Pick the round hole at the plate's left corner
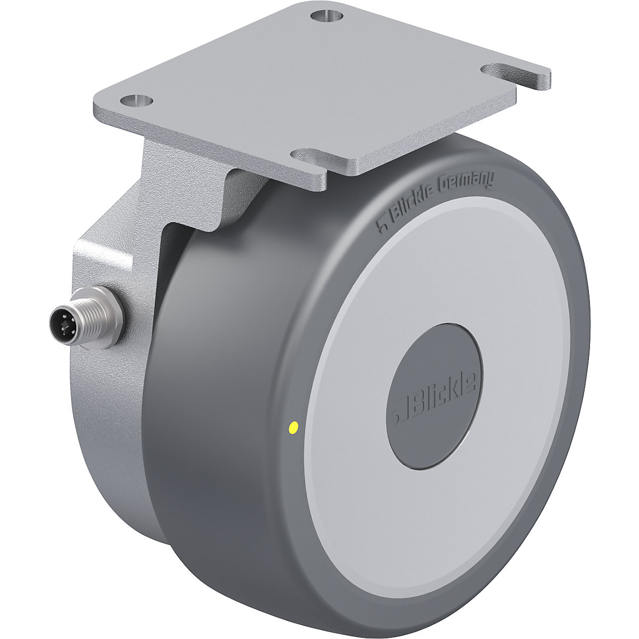[x=136, y=100]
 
